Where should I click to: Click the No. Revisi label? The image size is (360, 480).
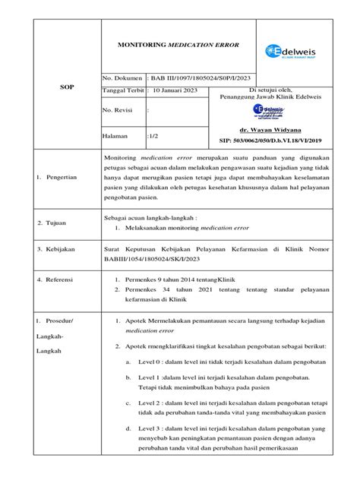122,109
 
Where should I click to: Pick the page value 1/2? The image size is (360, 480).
154,136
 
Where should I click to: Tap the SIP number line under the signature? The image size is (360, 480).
292,141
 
